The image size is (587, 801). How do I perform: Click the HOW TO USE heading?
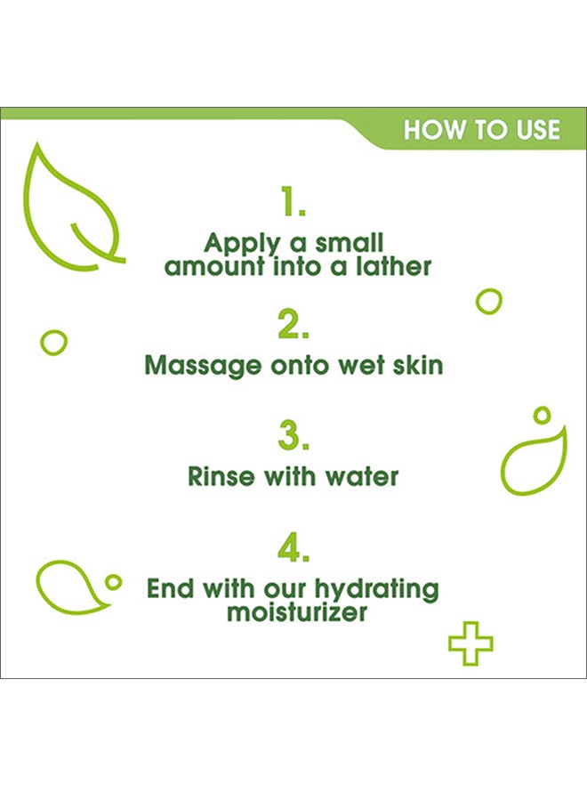coord(482,130)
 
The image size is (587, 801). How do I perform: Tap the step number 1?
coord(293,204)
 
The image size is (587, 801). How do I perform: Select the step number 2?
coord(293,326)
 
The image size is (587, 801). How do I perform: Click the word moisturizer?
coord(296,612)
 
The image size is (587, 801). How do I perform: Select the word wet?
coord(356,365)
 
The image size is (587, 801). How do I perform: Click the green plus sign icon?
coord(470,642)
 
